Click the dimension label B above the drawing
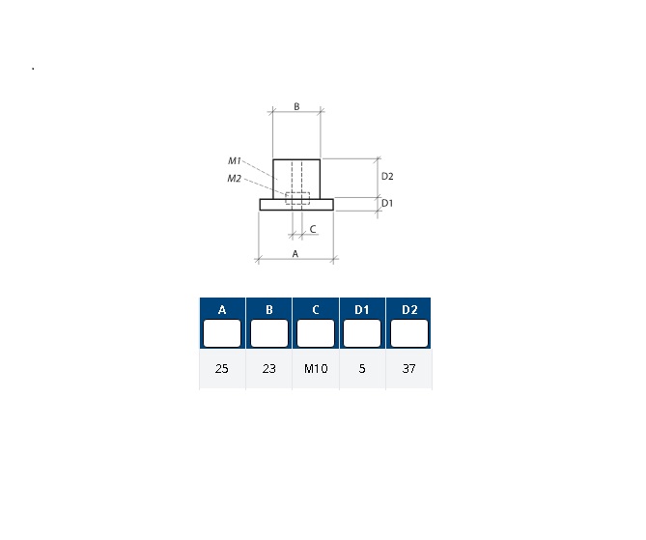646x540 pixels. click(x=296, y=106)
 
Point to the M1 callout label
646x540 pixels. click(x=234, y=160)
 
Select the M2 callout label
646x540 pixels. click(x=234, y=179)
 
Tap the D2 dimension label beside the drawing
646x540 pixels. click(x=387, y=177)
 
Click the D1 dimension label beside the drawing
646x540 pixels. click(x=387, y=203)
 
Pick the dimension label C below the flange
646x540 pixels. click(x=313, y=229)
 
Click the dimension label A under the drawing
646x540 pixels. click(x=295, y=254)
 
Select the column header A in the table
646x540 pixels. click(x=222, y=309)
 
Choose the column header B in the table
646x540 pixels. click(x=269, y=309)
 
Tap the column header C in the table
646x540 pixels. click(x=316, y=309)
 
